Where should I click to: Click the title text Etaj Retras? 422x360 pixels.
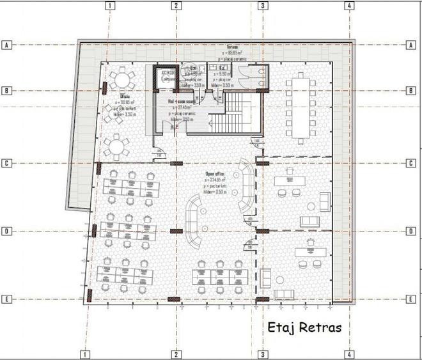(305, 328)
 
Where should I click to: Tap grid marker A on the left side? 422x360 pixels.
(8, 45)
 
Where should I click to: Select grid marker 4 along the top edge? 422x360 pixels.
(349, 6)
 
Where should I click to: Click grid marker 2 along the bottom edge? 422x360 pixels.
(175, 354)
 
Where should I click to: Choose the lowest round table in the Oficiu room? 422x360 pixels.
(116, 148)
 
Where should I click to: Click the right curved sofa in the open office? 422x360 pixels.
(244, 189)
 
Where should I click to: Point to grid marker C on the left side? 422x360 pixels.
(8, 163)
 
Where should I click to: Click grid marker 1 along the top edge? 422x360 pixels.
(111, 6)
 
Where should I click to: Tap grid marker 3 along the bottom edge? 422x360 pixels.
(262, 354)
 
